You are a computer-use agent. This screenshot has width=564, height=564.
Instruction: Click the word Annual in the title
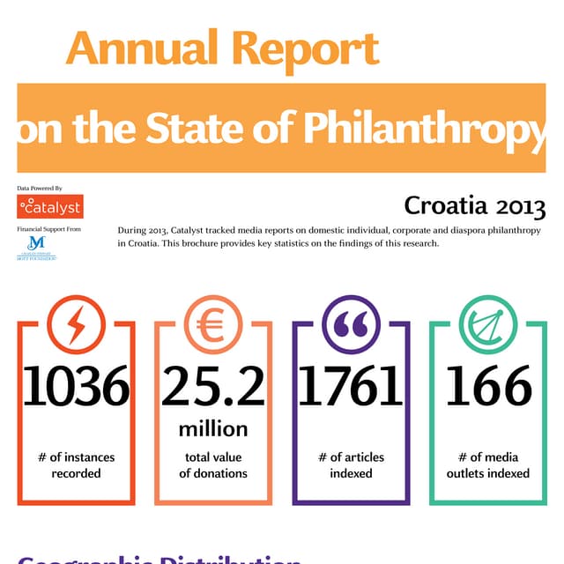[139, 49]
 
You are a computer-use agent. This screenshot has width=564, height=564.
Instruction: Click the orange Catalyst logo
[50, 207]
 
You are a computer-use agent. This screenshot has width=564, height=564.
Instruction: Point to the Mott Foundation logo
[37, 248]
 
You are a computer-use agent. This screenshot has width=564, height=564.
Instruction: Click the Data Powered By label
[40, 188]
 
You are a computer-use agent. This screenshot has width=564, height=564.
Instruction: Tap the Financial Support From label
[48, 229]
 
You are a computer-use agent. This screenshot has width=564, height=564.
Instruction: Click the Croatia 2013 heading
[474, 206]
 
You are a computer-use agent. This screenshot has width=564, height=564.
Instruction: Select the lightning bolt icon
[76, 325]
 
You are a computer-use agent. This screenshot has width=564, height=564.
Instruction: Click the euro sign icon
[212, 325]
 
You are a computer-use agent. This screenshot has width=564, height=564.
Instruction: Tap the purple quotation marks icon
[351, 325]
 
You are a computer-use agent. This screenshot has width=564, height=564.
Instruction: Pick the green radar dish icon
[487, 325]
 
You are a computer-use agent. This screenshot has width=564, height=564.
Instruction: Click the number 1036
[76, 387]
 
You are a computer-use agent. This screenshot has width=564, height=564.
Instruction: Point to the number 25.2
[212, 387]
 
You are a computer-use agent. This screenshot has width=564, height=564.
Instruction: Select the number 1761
[351, 387]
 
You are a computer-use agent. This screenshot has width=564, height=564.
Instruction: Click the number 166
[488, 387]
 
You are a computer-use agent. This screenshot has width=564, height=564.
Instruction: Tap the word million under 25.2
[213, 429]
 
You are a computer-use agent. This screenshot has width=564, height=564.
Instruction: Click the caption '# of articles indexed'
[351, 465]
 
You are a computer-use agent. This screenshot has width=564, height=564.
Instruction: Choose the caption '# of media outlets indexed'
[488, 465]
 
